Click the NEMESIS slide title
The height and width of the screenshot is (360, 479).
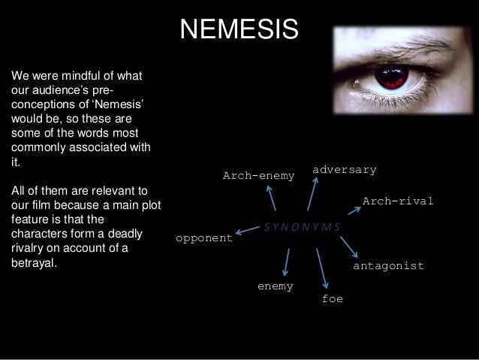coord(239,29)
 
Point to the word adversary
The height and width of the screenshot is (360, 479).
coord(344,170)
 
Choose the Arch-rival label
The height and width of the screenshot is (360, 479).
coord(398,201)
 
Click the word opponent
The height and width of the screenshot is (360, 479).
coord(203,238)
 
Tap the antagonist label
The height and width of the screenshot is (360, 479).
coord(388,266)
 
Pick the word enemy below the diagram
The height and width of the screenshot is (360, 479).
coord(275,286)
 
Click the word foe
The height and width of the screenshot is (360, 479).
coord(332,298)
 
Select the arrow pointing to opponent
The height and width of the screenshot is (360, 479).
coord(247,230)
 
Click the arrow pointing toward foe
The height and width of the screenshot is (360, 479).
coord(322,268)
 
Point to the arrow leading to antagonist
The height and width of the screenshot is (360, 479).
coord(348,246)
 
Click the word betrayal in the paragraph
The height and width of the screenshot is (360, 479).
coord(34,264)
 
